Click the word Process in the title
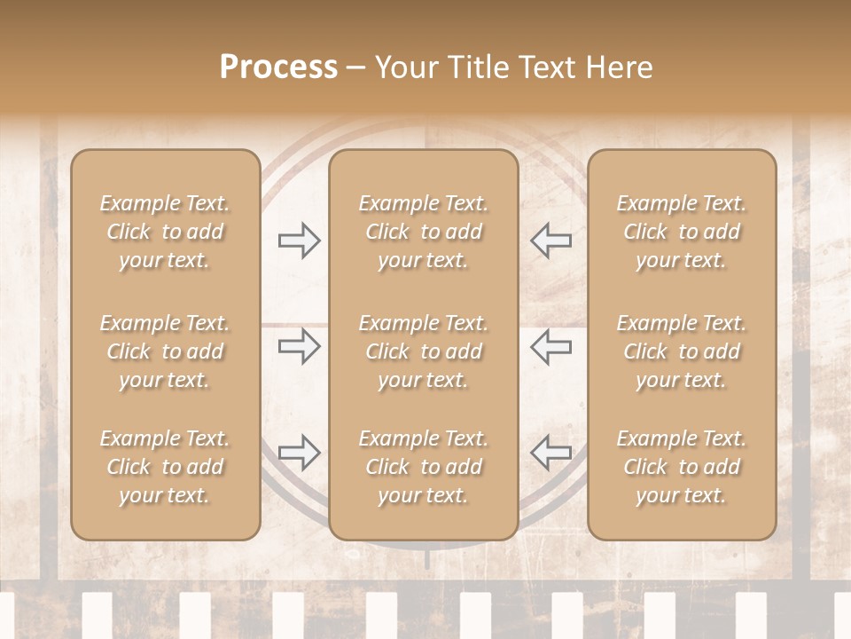(x=278, y=67)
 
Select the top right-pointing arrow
(x=299, y=241)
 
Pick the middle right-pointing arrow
(x=299, y=346)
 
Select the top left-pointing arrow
(x=550, y=241)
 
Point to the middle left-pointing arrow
(x=550, y=346)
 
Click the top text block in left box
(x=165, y=232)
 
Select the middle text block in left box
(x=165, y=351)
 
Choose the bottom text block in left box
(x=165, y=467)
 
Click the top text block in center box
(x=423, y=232)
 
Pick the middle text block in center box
(x=423, y=351)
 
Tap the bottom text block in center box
(x=423, y=467)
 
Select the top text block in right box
(x=681, y=232)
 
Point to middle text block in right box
(x=681, y=351)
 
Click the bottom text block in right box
(x=681, y=467)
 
